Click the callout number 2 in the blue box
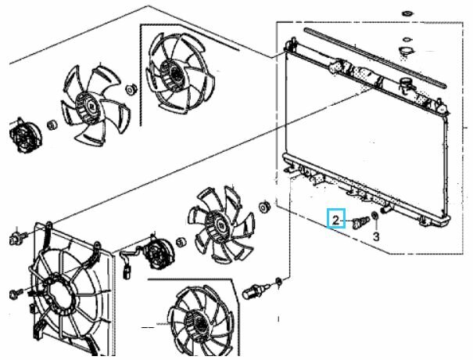click(x=335, y=220)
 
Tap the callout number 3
click(x=376, y=237)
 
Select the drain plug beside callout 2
click(x=360, y=222)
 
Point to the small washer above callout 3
click(x=375, y=216)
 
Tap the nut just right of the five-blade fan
click(x=131, y=90)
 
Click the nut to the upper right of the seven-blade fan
click(x=264, y=207)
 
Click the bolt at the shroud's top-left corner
click(x=17, y=237)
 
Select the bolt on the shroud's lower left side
click(x=16, y=293)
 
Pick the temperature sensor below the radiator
click(x=256, y=291)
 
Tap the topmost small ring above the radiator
click(x=407, y=14)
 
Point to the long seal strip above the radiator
click(x=375, y=58)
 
